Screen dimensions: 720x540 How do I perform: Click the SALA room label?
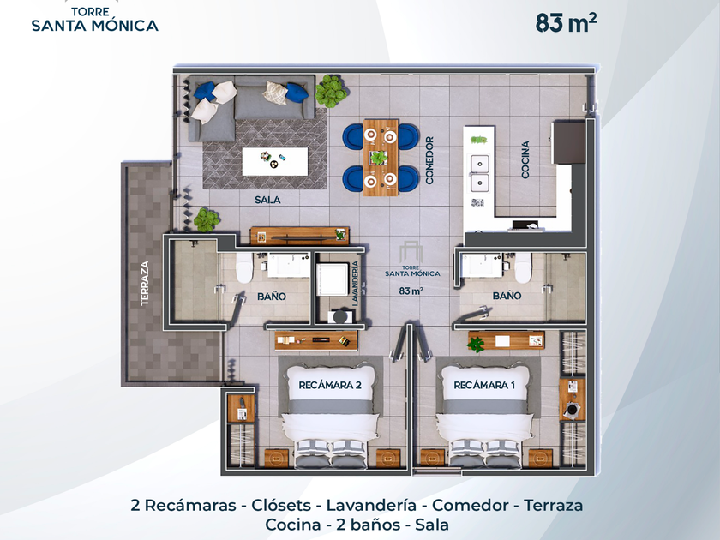(x=267, y=200)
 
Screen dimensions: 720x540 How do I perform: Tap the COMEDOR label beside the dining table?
(x=429, y=160)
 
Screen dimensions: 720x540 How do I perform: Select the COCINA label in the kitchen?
(x=525, y=159)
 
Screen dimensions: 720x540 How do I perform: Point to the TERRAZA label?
(x=145, y=284)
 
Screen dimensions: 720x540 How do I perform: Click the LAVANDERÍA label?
(x=355, y=284)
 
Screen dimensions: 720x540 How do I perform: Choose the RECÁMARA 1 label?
(x=484, y=385)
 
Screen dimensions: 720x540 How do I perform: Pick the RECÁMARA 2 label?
(x=330, y=385)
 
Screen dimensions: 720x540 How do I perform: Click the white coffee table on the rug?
(x=275, y=161)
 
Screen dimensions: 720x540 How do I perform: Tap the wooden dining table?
(x=381, y=158)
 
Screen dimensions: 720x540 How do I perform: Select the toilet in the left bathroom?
(x=244, y=267)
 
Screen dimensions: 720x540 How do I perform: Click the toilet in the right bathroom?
(x=523, y=267)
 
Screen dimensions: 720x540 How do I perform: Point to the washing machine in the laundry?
(x=333, y=279)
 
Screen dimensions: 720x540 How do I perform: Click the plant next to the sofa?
(x=331, y=91)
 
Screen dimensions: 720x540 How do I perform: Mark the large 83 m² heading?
(x=567, y=23)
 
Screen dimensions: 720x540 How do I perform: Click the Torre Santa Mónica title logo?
(x=95, y=19)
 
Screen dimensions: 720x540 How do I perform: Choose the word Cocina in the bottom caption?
(x=293, y=525)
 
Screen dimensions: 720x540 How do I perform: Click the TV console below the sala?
(x=300, y=236)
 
